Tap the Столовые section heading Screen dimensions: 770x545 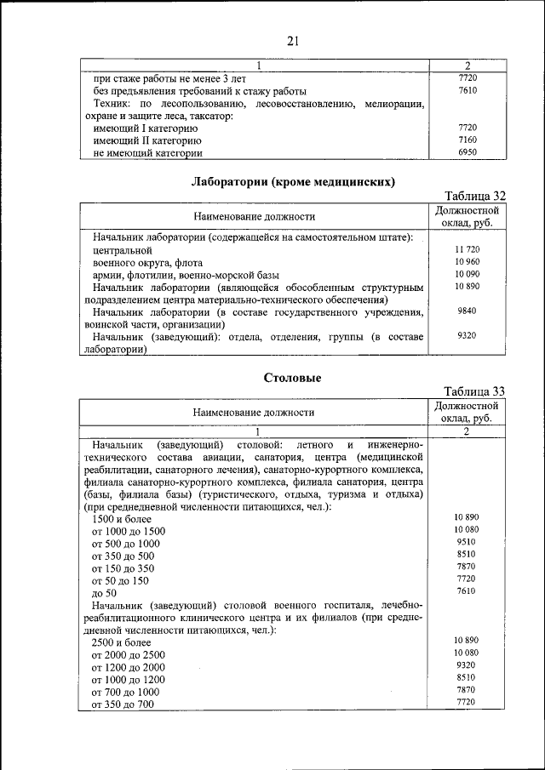pos(293,377)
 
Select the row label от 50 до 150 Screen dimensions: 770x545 pos(120,580)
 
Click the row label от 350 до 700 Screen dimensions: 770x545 pos(123,704)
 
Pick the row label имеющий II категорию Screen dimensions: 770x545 pos(146,140)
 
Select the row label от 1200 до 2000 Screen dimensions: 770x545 pos(128,667)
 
